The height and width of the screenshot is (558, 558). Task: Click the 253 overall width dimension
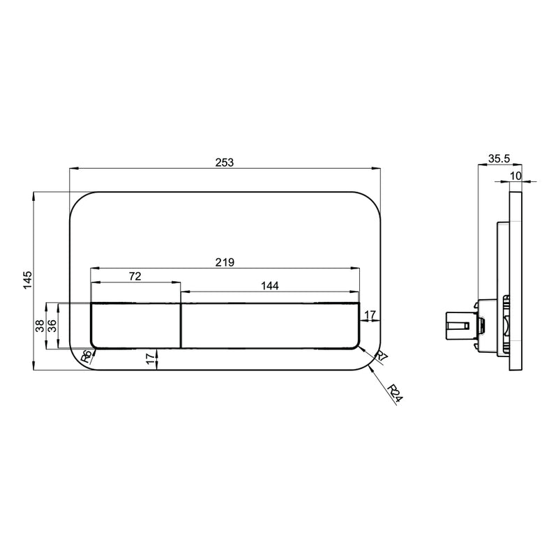click(225, 163)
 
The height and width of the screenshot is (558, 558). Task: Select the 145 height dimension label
click(28, 280)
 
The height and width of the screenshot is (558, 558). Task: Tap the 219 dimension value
click(225, 262)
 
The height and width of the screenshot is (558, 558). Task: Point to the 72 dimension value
click(135, 276)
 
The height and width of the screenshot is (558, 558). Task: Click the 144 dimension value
click(270, 285)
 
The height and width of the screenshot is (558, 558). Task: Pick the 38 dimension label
click(40, 326)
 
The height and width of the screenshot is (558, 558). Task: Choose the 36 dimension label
click(52, 326)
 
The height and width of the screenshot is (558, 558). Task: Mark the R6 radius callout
click(86, 356)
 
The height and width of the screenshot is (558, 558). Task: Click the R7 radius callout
click(382, 356)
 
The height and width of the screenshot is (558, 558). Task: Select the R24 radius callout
click(395, 393)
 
